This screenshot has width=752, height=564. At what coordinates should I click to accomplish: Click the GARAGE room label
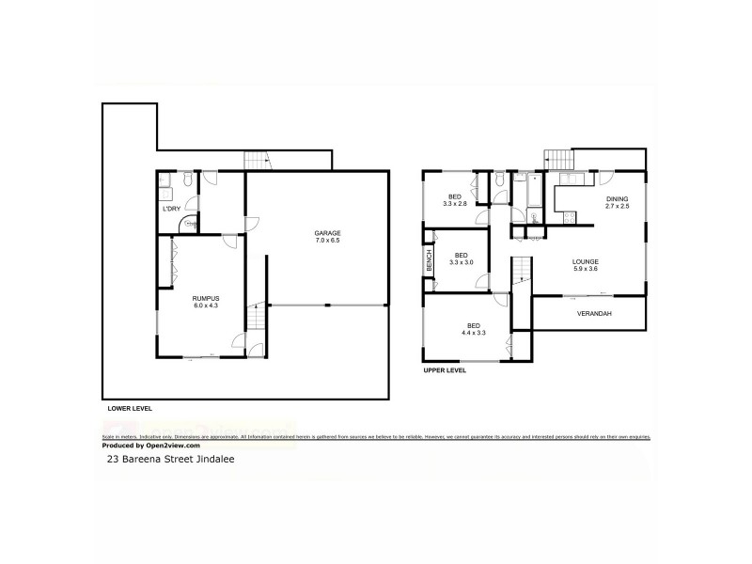point(327,233)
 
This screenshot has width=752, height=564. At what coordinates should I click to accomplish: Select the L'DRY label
point(171,208)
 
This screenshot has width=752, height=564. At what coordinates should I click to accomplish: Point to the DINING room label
point(617,199)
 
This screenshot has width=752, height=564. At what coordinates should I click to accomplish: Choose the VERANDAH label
point(594,313)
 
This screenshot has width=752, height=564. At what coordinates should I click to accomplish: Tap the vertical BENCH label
point(429,262)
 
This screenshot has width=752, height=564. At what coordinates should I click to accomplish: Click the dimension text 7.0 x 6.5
point(327,242)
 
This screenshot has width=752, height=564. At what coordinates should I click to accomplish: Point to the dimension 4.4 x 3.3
point(473,333)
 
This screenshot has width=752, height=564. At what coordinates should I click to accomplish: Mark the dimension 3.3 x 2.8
point(455,204)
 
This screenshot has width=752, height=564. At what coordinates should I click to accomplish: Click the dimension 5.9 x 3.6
point(586,269)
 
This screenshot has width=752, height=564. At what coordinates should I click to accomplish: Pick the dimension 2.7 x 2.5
point(617,208)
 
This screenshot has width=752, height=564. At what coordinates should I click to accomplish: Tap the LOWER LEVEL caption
point(131,408)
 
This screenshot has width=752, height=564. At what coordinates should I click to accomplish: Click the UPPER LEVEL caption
point(445,371)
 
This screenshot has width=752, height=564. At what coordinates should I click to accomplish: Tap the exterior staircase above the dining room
point(557,160)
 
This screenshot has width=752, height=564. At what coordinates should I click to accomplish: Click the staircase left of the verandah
point(522,276)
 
